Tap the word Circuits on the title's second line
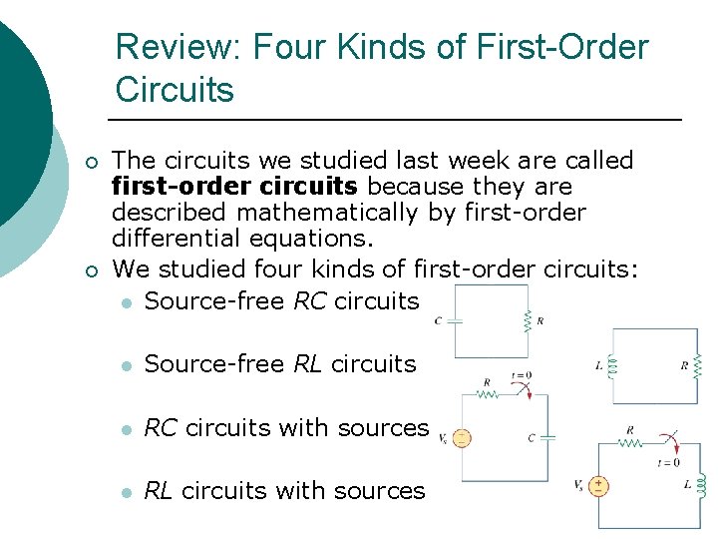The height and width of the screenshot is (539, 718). (x=175, y=90)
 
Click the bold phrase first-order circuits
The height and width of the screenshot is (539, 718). (x=234, y=187)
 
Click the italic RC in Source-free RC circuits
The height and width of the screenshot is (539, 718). (x=310, y=300)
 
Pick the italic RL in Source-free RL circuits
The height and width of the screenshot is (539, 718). (x=308, y=364)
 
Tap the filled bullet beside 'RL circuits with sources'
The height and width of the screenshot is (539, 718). (x=124, y=492)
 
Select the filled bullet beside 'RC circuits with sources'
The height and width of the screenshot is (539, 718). (x=124, y=428)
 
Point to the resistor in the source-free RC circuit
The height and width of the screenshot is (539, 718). (x=527, y=320)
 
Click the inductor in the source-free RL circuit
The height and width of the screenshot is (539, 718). (x=613, y=365)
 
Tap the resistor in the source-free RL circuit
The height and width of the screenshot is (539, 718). (x=697, y=365)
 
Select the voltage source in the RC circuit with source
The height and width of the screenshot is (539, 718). (x=461, y=438)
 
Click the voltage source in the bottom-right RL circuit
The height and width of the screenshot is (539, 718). (x=598, y=486)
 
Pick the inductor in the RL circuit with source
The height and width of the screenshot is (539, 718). (x=700, y=486)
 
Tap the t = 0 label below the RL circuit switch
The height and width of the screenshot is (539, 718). (x=668, y=463)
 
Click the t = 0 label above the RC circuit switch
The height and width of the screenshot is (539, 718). (x=521, y=375)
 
